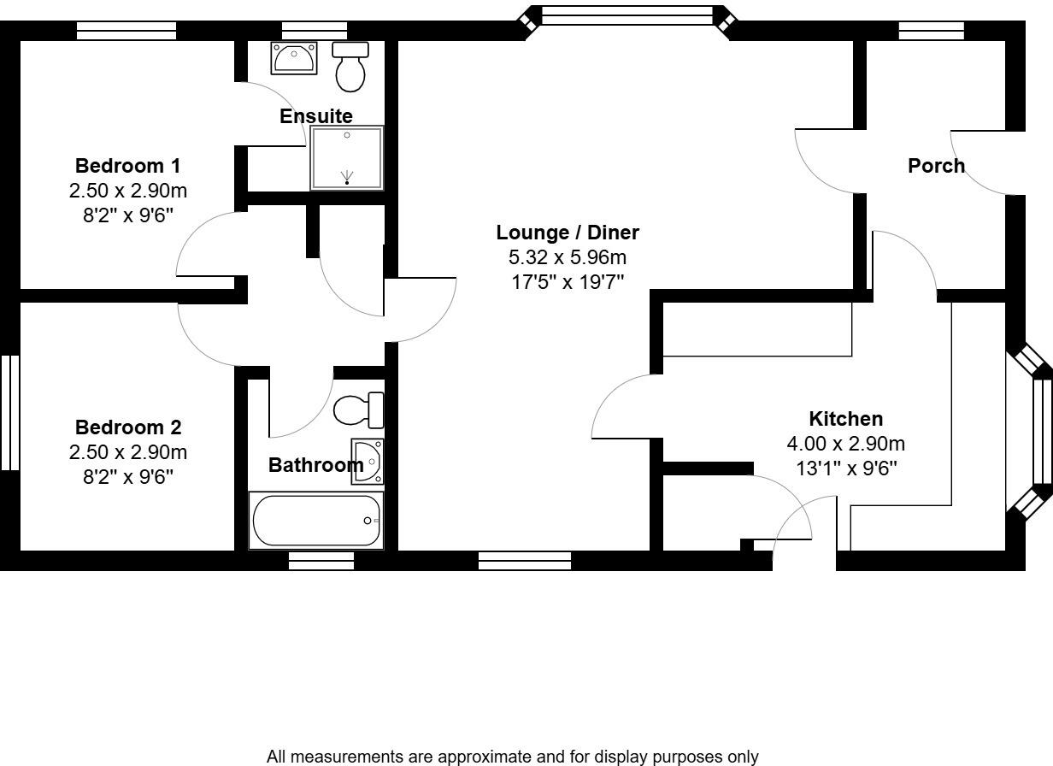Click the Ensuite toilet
(x=350, y=67)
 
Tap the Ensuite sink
(x=294, y=58)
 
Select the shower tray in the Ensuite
(x=346, y=158)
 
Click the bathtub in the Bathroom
(x=315, y=520)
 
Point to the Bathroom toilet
(x=358, y=411)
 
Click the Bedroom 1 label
(x=127, y=166)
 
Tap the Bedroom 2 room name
(x=127, y=427)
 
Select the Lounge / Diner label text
(x=568, y=233)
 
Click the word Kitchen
(x=845, y=419)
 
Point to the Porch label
(x=936, y=166)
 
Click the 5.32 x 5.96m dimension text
(x=568, y=257)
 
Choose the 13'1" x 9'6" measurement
(x=845, y=468)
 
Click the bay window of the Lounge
(x=627, y=15)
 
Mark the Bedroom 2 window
(x=9, y=413)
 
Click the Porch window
(x=931, y=31)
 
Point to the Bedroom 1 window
(x=126, y=31)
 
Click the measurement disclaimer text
(x=512, y=757)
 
